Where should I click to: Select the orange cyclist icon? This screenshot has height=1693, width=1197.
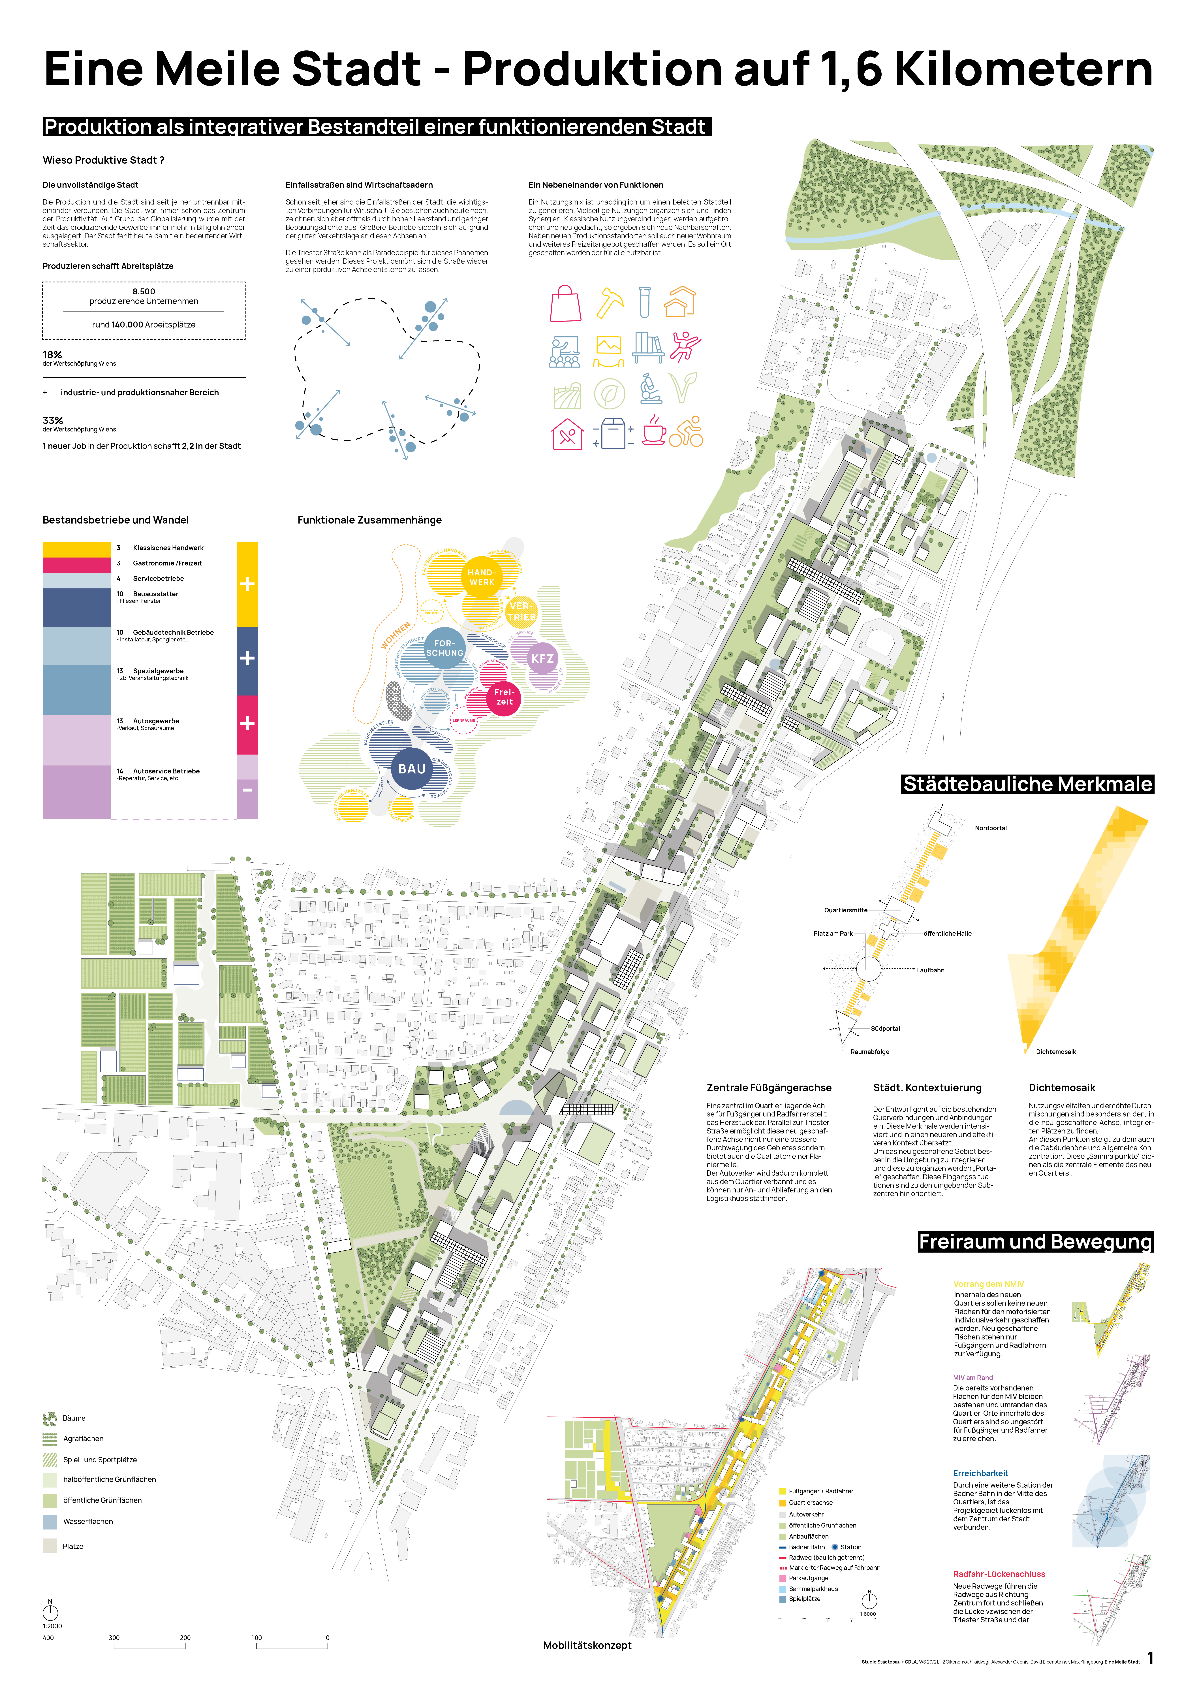[687, 431]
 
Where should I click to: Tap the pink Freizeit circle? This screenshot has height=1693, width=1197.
[504, 697]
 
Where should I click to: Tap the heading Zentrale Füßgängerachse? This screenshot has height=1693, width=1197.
[769, 1088]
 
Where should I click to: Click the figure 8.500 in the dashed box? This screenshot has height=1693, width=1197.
[144, 291]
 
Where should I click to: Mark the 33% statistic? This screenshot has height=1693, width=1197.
[52, 420]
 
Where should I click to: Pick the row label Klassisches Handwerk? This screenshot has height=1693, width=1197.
[168, 548]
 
